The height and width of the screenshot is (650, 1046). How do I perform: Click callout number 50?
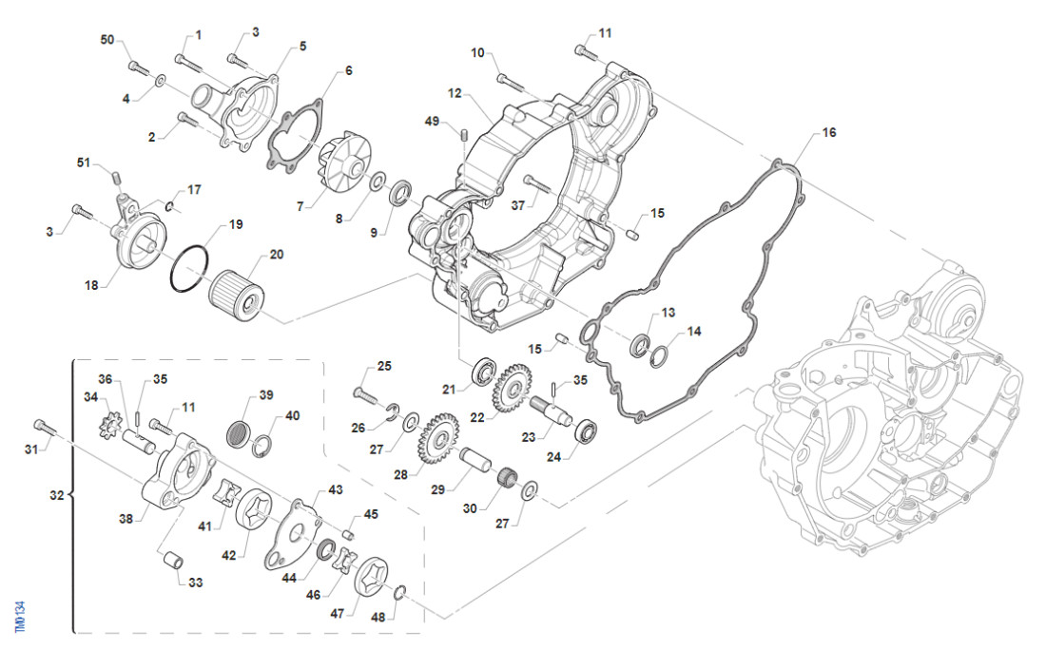(x=107, y=39)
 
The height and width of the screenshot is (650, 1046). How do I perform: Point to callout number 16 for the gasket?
(x=829, y=132)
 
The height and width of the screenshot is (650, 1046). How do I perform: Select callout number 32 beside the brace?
(x=56, y=495)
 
